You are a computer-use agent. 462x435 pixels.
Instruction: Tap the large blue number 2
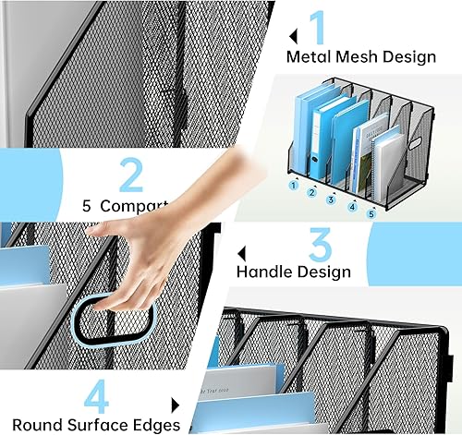130,175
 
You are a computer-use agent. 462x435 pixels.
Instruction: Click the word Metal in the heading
309,57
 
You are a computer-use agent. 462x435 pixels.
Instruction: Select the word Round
32,425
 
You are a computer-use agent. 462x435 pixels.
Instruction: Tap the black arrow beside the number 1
293,36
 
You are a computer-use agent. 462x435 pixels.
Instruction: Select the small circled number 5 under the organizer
372,214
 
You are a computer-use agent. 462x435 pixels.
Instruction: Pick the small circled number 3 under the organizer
331,199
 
